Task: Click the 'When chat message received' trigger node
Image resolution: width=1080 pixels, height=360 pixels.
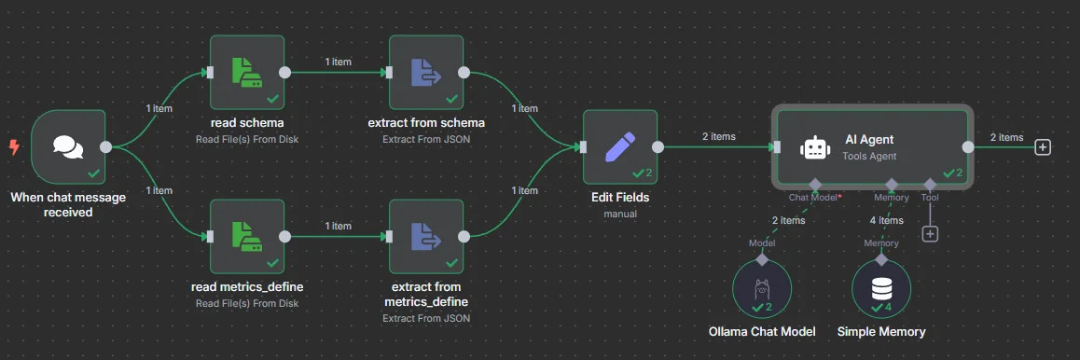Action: [x=68, y=146]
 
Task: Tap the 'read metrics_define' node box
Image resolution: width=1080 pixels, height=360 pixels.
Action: [x=247, y=236]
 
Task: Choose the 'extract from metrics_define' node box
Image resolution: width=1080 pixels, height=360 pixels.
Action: [x=426, y=236]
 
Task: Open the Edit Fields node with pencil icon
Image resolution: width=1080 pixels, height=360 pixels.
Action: [x=620, y=146]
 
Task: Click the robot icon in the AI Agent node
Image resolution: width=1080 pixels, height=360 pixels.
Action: [x=815, y=147]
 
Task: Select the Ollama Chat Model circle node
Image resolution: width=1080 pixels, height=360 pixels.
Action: [x=762, y=289]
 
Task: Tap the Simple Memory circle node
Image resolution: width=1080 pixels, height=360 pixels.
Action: [x=881, y=289]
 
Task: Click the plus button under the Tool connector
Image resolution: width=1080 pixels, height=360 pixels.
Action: [x=930, y=234]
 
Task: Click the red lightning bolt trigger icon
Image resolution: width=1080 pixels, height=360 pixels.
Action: [x=14, y=146]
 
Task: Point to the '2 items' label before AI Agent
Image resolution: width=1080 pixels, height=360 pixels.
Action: [x=718, y=136]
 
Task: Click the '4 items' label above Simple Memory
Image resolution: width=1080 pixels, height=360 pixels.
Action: [x=886, y=221]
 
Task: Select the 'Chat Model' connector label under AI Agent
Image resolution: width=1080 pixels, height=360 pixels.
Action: [x=812, y=197]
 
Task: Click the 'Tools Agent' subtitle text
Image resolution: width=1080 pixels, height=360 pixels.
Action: [x=869, y=156]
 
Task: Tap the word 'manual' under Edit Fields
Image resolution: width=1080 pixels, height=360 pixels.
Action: [x=620, y=214]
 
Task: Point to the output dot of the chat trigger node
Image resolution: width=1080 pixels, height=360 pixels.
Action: [x=105, y=146]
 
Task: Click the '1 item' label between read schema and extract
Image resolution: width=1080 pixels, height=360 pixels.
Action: [x=339, y=62]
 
